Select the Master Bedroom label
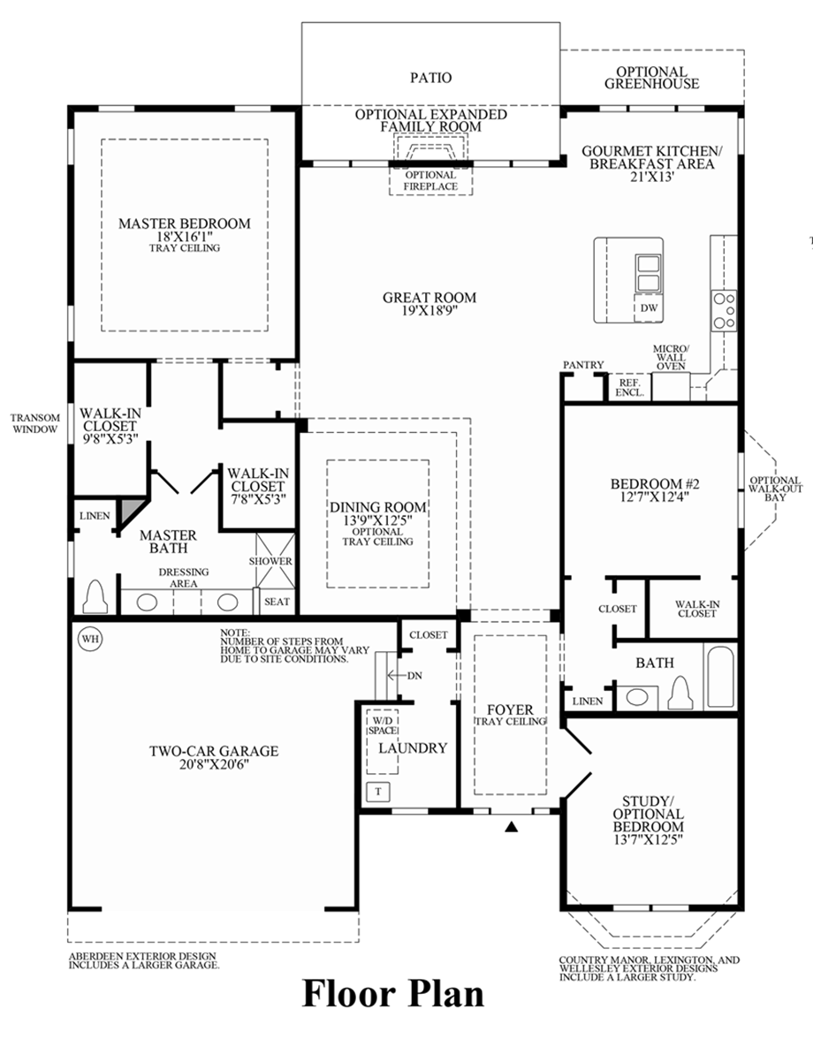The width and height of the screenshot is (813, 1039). (x=185, y=224)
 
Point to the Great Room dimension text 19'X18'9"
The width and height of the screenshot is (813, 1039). (x=429, y=311)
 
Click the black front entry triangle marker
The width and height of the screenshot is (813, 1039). (x=511, y=827)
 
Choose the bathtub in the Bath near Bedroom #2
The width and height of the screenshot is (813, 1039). (x=720, y=676)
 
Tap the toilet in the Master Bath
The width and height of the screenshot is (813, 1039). (x=95, y=598)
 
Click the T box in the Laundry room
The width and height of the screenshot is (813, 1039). (x=378, y=791)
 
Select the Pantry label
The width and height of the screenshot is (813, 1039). (x=583, y=365)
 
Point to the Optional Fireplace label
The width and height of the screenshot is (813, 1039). (x=431, y=180)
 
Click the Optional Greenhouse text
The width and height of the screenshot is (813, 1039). (x=651, y=78)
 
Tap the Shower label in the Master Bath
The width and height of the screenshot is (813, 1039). (x=270, y=561)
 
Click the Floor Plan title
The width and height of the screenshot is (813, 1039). (x=394, y=993)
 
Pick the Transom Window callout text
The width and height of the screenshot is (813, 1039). (x=35, y=423)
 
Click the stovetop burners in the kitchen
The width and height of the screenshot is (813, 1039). (x=724, y=311)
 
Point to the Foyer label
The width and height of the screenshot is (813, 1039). (x=510, y=709)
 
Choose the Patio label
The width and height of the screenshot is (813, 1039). (x=430, y=78)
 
